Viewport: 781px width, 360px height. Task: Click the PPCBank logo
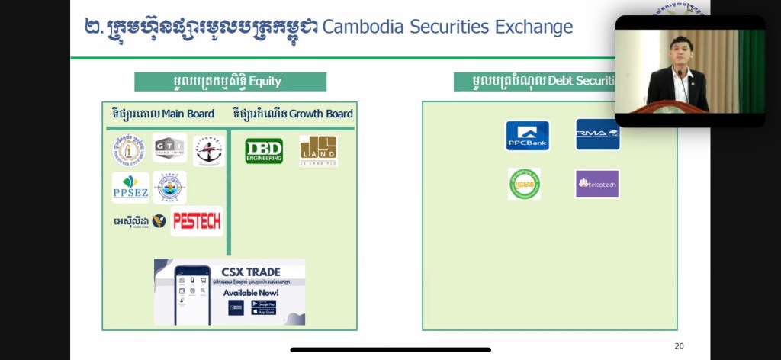527,136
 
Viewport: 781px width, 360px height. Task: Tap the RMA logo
597,134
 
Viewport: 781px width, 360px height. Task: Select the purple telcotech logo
596,184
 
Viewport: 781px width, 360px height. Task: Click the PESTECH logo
197,221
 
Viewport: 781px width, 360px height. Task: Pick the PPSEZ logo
130,188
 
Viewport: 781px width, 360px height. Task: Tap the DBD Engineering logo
264,151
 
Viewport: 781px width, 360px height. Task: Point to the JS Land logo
318,150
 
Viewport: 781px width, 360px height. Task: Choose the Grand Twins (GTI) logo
169,148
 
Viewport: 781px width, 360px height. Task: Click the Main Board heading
162,114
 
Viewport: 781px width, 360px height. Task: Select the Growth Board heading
293,114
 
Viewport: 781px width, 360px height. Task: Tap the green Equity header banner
230,82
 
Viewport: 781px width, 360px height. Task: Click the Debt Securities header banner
534,82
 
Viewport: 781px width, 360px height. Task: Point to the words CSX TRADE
252,272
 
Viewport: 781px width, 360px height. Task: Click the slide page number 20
679,346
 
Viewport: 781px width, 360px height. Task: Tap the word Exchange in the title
532,27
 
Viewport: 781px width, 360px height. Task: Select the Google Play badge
264,304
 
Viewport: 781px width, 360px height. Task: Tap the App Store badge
264,312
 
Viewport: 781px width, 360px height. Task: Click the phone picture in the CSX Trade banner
190,293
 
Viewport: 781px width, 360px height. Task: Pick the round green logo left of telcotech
524,184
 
